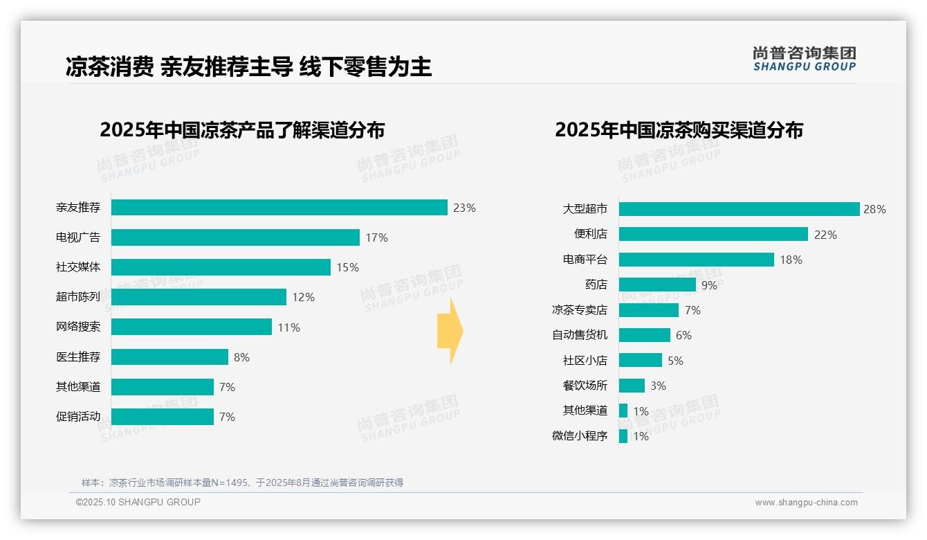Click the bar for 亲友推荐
[x=279, y=208]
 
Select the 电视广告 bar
[x=235, y=237]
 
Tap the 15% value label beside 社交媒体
[x=347, y=267]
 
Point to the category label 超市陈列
[x=78, y=297]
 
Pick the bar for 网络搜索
[x=192, y=327]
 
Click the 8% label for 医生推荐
[x=241, y=357]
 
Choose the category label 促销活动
[x=78, y=416]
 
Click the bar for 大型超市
[x=739, y=209]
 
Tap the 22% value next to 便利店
[x=825, y=235]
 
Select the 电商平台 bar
[x=696, y=260]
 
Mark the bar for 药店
[x=657, y=285]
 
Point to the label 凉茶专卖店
[x=580, y=310]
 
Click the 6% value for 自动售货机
[x=683, y=335]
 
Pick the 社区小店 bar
[x=641, y=360]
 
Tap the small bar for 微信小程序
[x=623, y=436]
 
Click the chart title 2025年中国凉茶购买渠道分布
[x=679, y=130]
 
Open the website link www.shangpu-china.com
[x=806, y=503]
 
